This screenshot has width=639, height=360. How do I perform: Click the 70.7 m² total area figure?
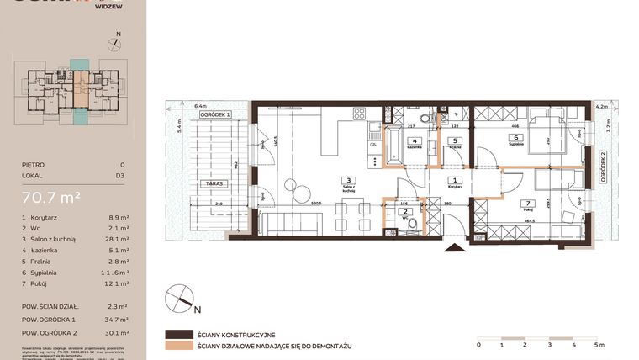coord(51,197)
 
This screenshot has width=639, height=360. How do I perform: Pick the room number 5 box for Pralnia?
coord(454,140)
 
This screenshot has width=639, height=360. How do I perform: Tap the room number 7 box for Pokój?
coord(526,203)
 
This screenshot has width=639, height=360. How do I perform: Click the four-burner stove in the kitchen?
coord(358,114)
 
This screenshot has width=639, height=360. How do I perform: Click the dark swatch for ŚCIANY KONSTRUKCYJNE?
coord(179,334)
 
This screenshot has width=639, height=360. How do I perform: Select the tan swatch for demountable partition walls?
coord(179,345)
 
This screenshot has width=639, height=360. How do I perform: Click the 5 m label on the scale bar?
coord(598,344)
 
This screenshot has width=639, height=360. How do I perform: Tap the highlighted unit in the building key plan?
coord(78,83)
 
